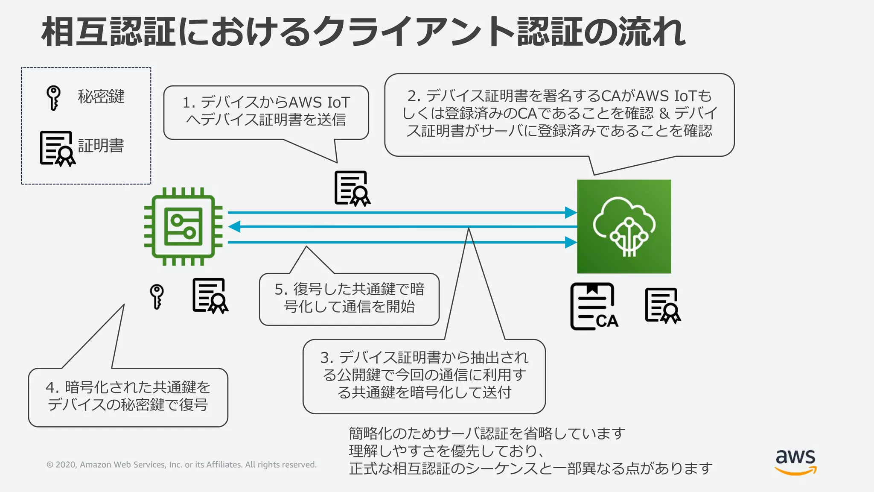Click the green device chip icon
(183, 226)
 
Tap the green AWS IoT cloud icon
(624, 226)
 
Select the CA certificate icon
(594, 307)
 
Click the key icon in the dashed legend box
(53, 98)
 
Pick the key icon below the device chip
(157, 296)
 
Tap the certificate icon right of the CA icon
(663, 305)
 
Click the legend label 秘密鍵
(101, 97)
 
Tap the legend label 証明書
(101, 146)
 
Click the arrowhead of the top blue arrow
(571, 212)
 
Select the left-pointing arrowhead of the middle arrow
(234, 227)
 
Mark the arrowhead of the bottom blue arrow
(571, 243)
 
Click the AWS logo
(795, 461)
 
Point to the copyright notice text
(181, 465)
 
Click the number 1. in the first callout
(189, 103)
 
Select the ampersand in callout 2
(664, 113)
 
